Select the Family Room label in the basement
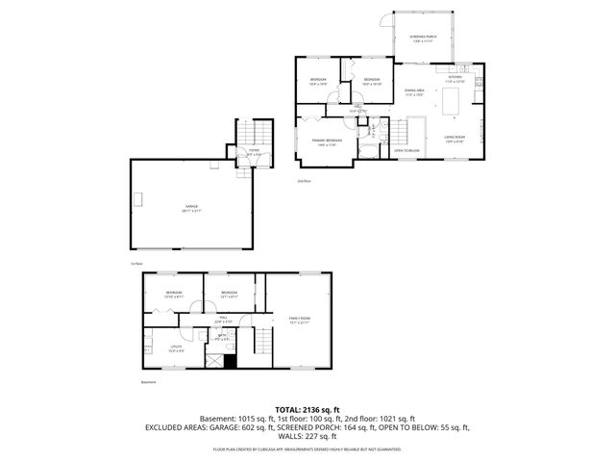(299, 319)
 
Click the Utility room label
(175, 347)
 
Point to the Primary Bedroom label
(324, 142)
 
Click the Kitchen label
(454, 79)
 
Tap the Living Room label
(454, 140)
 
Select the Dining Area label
(414, 91)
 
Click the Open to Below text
(407, 151)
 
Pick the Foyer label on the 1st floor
(254, 151)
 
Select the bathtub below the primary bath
(368, 149)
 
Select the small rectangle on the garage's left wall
(138, 200)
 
